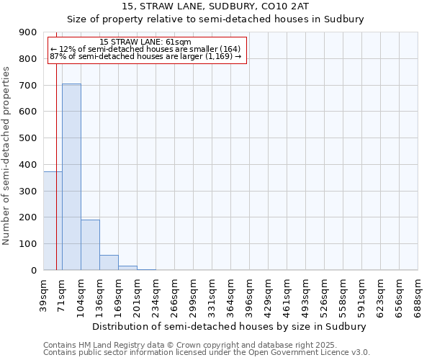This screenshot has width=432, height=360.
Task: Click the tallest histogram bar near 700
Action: coord(71,176)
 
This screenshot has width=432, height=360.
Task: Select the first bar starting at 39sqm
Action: coord(52,220)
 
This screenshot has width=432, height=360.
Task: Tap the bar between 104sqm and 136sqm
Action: coord(90,245)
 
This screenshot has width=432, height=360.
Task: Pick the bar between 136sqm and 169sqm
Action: coord(109,263)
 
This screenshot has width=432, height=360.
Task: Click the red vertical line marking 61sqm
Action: coord(56,144)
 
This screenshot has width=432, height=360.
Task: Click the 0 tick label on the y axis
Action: coord(33,271)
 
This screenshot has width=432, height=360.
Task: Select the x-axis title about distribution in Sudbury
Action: coord(230,326)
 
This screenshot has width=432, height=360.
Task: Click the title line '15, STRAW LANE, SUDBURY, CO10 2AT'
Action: coord(215,6)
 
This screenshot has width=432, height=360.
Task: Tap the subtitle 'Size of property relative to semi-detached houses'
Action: coord(215,19)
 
